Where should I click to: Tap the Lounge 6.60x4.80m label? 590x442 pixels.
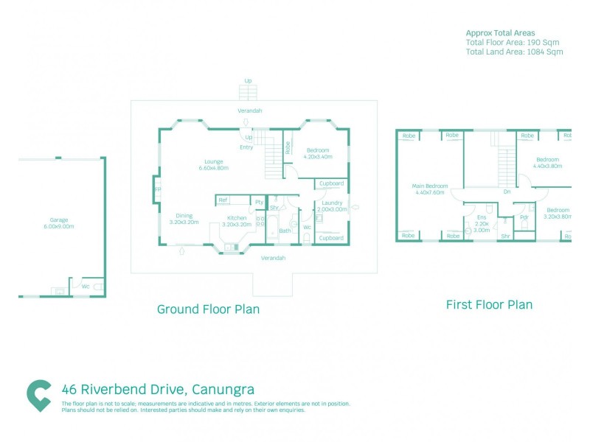pos(214,164)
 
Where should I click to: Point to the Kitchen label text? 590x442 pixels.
pos(236,218)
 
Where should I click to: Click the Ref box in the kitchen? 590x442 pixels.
pos(222,200)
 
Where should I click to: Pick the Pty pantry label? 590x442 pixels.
pos(259,202)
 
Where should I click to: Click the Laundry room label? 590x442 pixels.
pos(332,203)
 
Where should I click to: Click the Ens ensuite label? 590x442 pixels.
pos(482,217)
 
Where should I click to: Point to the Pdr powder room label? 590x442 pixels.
pos(524,217)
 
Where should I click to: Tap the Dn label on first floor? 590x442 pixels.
pos(507,192)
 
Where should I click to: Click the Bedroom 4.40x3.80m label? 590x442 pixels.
pos(548,163)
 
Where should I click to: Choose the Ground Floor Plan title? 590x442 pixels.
pos(208,309)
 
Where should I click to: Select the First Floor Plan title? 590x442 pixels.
pos(489,304)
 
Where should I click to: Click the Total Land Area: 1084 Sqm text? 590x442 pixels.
pos(514,52)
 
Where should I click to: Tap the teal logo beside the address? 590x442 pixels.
pos(39,395)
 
